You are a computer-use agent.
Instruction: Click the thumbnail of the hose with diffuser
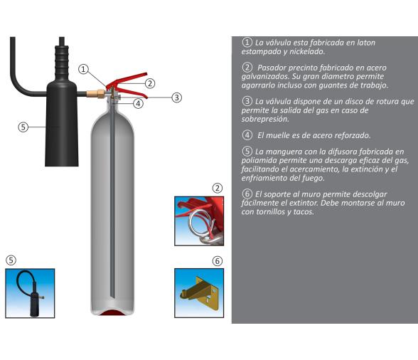(29, 293)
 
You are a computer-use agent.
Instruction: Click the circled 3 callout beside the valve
(177, 97)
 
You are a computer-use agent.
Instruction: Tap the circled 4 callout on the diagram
(139, 103)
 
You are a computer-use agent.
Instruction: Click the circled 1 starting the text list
(247, 43)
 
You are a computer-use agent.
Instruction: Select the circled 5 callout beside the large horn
(23, 127)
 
